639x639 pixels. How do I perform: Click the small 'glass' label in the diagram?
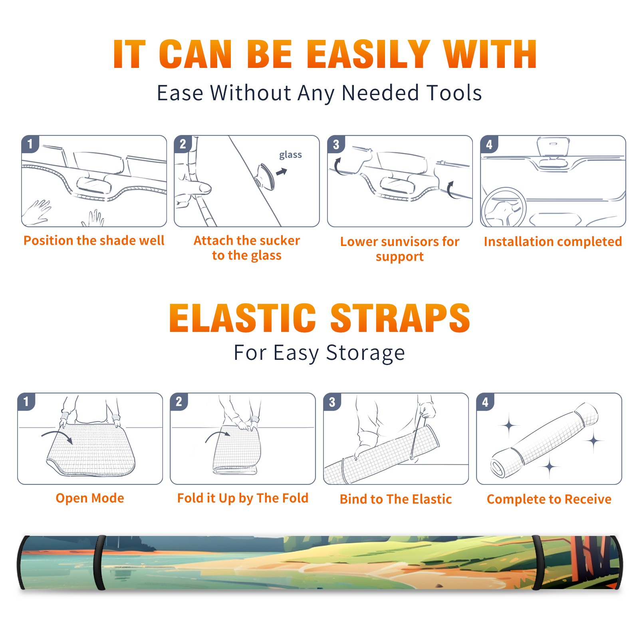coord(290,155)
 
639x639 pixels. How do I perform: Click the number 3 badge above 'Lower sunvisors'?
coord(336,144)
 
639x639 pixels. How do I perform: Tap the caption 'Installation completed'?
coord(553,241)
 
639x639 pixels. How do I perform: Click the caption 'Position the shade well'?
coord(94,240)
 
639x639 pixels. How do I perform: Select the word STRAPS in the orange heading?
coord(400,318)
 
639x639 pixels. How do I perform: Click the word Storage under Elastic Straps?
coord(365,353)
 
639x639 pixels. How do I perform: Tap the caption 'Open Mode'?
coord(90,498)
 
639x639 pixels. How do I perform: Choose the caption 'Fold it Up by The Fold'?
coord(243,498)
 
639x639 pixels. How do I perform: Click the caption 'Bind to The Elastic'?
coord(396,499)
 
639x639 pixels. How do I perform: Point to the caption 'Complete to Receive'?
coord(549,499)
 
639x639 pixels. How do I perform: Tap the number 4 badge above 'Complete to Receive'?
coord(485,402)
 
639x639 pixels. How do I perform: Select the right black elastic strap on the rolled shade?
coord(537,562)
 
